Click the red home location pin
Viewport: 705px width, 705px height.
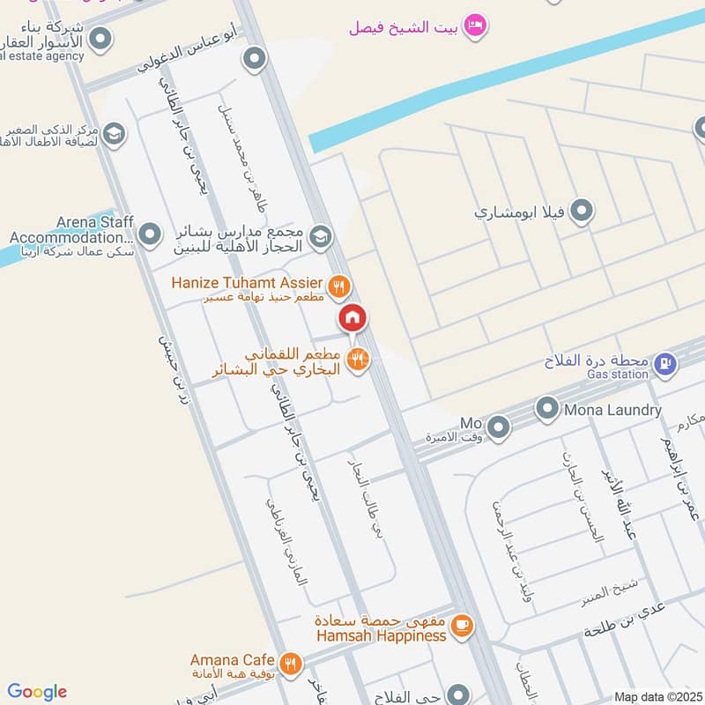352,318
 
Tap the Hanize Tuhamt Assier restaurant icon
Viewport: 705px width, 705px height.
338,286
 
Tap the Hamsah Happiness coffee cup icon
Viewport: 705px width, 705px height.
460,627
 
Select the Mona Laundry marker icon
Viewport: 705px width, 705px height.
548,408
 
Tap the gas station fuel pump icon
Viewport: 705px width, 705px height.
666,361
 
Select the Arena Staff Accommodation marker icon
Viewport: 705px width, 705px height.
151,234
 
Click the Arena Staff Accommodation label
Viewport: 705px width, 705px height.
70,230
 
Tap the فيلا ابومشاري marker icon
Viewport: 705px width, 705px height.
581,211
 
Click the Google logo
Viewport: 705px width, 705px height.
37,692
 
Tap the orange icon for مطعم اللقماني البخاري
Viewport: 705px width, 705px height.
357,359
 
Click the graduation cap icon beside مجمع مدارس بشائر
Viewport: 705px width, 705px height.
321,235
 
